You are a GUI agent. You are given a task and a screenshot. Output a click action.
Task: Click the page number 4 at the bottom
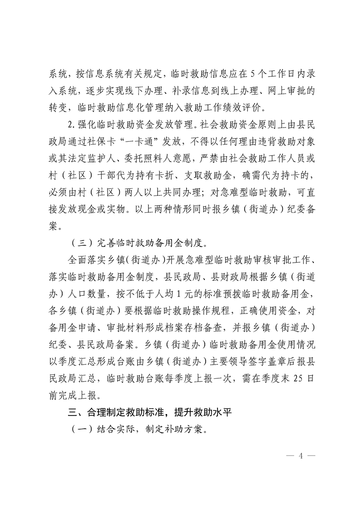(300, 455)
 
